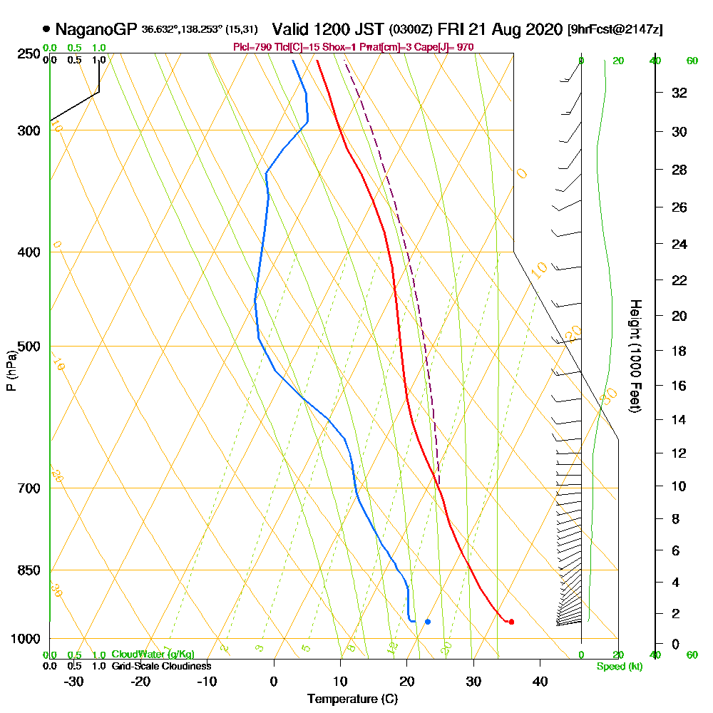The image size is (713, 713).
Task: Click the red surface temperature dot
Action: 511,622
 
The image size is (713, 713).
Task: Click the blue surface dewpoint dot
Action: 428,622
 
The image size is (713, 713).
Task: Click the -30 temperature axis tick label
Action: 73,682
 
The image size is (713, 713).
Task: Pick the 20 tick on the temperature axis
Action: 407,682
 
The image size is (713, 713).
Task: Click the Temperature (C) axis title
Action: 352,699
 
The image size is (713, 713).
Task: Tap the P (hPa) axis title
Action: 11,370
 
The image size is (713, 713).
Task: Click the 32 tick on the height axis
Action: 679,93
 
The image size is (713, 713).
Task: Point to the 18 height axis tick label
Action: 679,351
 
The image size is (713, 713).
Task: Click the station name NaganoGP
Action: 96,30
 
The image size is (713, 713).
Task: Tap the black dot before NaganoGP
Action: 46,30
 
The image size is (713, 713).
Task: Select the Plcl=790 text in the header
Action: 249,47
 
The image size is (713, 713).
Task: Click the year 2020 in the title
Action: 544,30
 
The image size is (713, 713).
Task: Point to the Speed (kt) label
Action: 618,667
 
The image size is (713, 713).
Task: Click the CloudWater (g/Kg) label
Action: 153,655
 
